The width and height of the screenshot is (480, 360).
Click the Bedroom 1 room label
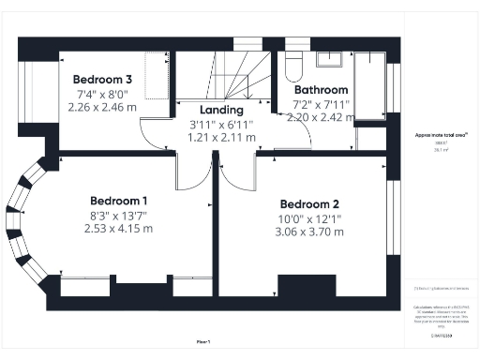click(118, 201)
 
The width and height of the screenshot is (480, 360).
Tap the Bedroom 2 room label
click(309, 204)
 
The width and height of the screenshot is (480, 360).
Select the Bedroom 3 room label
click(103, 80)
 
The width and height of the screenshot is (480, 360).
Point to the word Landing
click(221, 110)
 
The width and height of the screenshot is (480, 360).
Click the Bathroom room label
click(322, 91)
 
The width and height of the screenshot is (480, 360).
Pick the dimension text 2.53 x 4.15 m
click(118, 228)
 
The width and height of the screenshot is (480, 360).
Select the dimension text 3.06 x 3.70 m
click(309, 232)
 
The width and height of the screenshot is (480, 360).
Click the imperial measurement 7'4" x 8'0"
click(103, 94)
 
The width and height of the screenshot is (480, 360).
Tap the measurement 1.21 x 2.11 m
click(221, 137)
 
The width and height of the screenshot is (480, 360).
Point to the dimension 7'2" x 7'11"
click(322, 104)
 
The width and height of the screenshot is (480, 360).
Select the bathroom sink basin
click(330, 59)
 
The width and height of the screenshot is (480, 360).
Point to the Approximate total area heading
click(434, 135)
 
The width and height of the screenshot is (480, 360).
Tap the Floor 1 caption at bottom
click(202, 341)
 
